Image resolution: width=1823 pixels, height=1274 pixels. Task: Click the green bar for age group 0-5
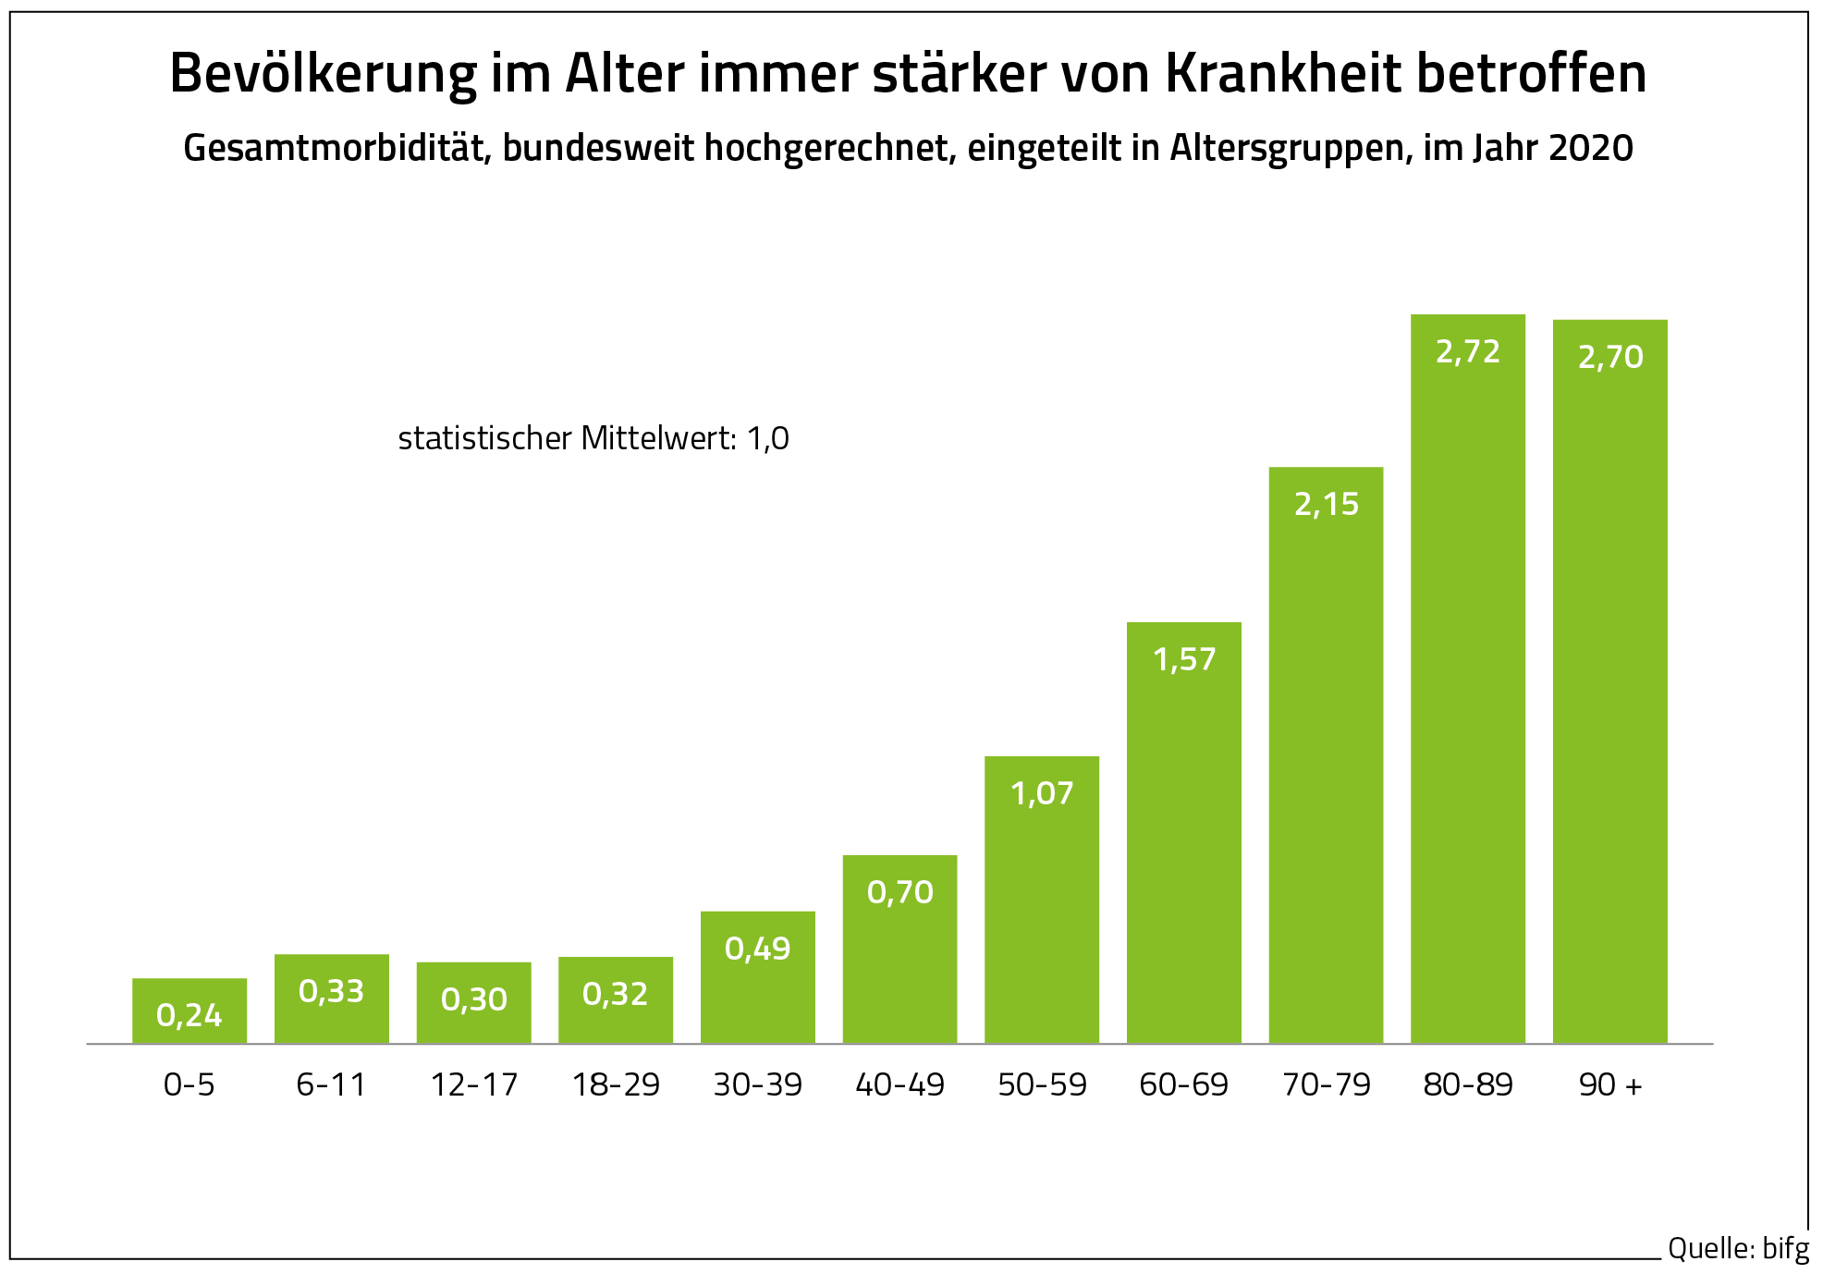click(x=190, y=1011)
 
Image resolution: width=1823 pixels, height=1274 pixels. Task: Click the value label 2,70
click(x=1610, y=357)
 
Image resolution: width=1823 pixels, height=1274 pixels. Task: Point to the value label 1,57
click(x=1184, y=659)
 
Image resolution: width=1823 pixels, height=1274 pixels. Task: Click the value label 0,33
click(x=331, y=991)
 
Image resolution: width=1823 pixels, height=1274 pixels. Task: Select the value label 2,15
click(x=1326, y=504)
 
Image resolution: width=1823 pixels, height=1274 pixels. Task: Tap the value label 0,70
click(x=899, y=892)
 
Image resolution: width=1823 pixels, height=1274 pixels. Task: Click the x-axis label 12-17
click(x=474, y=1084)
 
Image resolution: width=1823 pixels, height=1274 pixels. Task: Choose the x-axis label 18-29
click(x=616, y=1084)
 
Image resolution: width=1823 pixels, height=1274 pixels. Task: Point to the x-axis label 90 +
click(x=1610, y=1084)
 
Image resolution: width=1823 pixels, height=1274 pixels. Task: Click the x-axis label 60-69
click(x=1184, y=1084)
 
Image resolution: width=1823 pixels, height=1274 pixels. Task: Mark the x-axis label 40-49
click(x=899, y=1084)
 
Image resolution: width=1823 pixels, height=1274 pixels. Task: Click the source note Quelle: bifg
click(x=1738, y=1248)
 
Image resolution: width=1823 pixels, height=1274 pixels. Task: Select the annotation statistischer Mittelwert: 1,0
click(x=593, y=438)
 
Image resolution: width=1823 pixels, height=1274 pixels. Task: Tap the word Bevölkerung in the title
click(x=324, y=74)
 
